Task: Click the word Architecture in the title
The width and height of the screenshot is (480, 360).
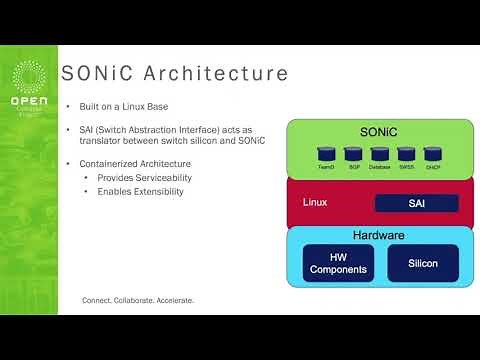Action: pos(220,75)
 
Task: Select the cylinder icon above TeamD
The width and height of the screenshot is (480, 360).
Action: pos(325,154)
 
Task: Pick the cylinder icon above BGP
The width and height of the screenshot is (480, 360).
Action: pos(352,154)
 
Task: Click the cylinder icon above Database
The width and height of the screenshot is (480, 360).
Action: pos(379,154)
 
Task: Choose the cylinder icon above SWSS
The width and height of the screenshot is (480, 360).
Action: pos(406,154)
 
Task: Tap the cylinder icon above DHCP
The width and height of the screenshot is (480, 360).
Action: pos(432,154)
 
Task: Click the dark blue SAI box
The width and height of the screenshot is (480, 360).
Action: pos(416,203)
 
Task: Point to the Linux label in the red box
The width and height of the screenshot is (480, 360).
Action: pos(315,202)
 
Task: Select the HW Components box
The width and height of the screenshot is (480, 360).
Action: pos(338,262)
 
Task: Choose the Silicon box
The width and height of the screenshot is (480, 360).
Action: pos(423,262)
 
